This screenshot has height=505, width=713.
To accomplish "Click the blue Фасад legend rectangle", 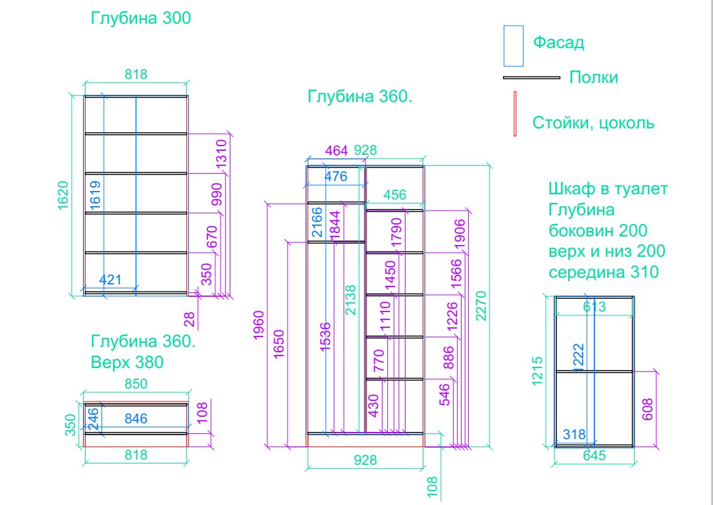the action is pos(514,46).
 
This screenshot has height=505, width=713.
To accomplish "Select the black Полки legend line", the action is pos(531,78).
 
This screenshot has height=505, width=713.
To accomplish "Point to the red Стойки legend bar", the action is pos(515,114).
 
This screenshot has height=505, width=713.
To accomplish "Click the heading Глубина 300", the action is pos(141,18).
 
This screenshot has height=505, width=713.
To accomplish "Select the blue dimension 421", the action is pos(111,279).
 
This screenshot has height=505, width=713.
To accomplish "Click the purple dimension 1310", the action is pos(221,154).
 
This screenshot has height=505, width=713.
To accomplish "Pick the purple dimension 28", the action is pos(190,319).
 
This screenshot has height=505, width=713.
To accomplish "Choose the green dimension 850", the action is pos(136,384).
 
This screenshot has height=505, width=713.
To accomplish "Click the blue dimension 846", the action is pos(136,419).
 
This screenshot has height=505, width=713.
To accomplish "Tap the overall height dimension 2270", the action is pos(481,306).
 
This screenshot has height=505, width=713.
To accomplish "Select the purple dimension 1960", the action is pos(259,325).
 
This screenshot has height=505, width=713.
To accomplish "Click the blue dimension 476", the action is pos(336,176).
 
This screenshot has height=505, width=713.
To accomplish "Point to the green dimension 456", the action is pos(395,195).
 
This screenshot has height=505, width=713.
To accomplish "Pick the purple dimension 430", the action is pos(372,404).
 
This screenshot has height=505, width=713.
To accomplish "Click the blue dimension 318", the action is pos(574,435).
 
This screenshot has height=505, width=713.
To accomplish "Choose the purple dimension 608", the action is pos(648,410).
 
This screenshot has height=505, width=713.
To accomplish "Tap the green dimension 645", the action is pos(594,455).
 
